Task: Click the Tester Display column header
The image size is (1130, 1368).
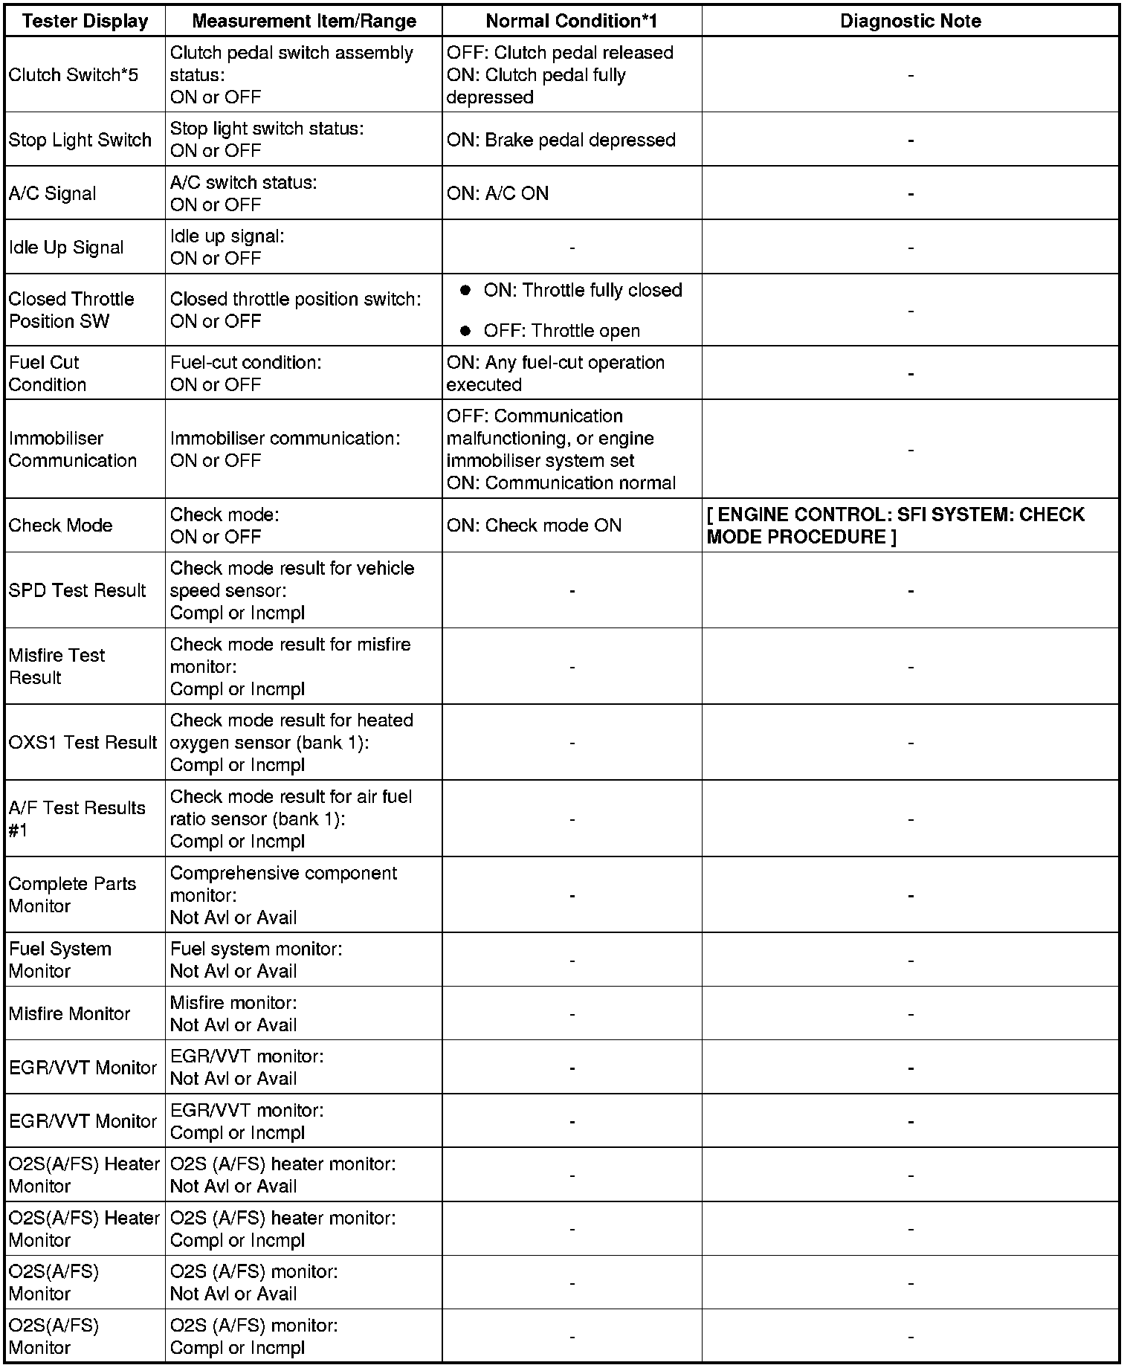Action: click(x=85, y=21)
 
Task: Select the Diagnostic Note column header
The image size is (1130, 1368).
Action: click(x=910, y=21)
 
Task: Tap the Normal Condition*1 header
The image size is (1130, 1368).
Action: click(x=571, y=21)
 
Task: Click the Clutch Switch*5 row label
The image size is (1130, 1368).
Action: click(x=73, y=74)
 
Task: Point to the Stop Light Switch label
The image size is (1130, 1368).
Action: click(x=80, y=140)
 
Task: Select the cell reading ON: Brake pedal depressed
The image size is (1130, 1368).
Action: click(x=561, y=140)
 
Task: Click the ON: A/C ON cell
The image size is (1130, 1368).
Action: click(x=497, y=193)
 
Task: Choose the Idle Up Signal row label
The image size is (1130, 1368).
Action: click(x=66, y=248)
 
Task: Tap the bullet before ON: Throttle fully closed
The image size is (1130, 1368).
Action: click(x=466, y=290)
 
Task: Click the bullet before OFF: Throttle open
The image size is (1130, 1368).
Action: click(x=466, y=331)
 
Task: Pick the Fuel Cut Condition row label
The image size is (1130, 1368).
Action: click(x=48, y=373)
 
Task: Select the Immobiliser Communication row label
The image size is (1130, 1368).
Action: click(x=72, y=449)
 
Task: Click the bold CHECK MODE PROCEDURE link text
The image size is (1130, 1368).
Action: click(x=895, y=526)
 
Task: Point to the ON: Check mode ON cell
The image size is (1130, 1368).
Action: click(x=533, y=526)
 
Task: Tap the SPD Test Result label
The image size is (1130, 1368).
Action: click(x=77, y=590)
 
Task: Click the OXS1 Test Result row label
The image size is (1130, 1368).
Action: click(x=83, y=742)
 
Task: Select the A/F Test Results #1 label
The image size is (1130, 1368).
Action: click(x=77, y=819)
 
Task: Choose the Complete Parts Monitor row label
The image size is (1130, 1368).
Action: click(x=72, y=894)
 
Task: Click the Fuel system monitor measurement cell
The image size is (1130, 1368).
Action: click(x=256, y=960)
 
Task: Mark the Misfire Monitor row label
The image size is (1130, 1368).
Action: click(x=69, y=1013)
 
